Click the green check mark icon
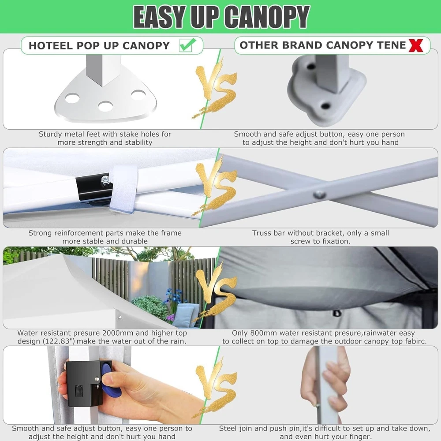187,45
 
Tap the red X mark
416,45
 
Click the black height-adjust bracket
83,383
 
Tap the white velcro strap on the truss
124,189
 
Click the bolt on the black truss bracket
105,179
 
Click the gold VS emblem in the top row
215,88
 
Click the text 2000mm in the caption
118,333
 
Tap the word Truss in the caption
262,233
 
